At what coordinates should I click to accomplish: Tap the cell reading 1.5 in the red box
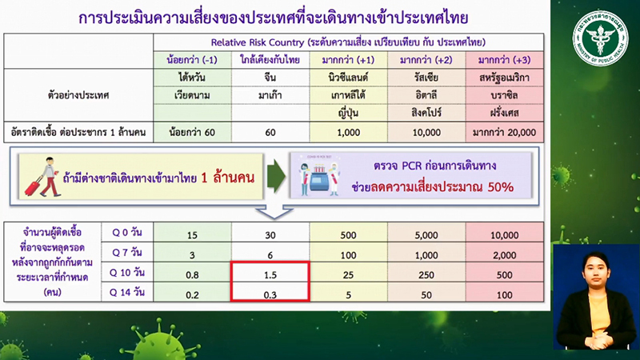[x=270, y=275]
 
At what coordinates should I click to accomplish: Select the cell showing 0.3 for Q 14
[x=270, y=294]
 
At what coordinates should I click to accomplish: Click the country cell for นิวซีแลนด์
[x=346, y=78]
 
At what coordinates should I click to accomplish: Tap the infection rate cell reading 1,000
[x=346, y=130]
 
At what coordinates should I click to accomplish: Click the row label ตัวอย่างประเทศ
[x=78, y=95]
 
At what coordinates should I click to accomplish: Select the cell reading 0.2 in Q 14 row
[x=192, y=294]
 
